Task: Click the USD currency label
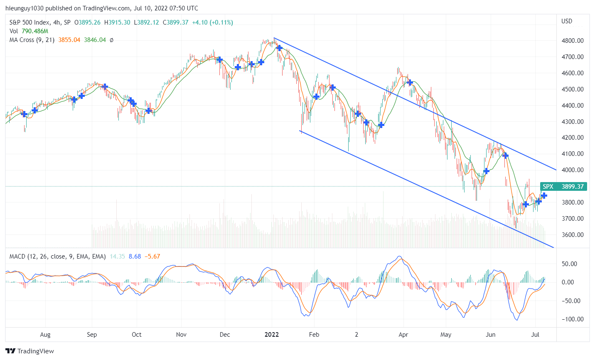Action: [x=567, y=21]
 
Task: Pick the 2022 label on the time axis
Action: [x=272, y=335]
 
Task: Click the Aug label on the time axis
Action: [x=45, y=335]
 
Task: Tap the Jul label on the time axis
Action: [x=535, y=335]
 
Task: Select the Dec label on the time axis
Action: [x=225, y=335]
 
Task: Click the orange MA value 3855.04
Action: [x=69, y=40]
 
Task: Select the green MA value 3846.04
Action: [x=95, y=40]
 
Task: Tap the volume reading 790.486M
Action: [x=35, y=31]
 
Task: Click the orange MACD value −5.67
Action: [x=152, y=256]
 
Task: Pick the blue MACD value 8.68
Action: [x=135, y=256]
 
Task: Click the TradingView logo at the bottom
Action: [x=30, y=351]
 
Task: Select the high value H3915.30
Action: [x=117, y=22]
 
